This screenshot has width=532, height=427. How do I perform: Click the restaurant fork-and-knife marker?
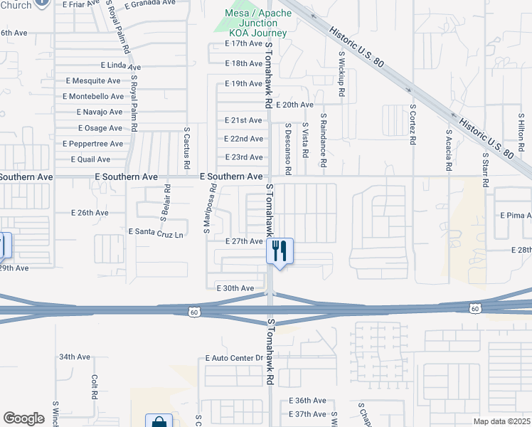click(x=280, y=251)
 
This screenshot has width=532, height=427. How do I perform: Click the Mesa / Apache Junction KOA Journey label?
click(x=257, y=23)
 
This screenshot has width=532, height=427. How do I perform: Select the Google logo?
click(x=23, y=418)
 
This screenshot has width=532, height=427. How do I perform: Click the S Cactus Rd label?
click(x=186, y=149)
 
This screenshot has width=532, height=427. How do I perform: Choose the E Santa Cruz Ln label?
click(x=156, y=232)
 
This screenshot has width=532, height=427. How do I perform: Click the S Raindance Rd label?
click(x=323, y=139)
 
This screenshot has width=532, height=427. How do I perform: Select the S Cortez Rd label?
click(x=413, y=124)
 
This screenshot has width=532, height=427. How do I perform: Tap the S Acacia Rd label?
click(x=449, y=150)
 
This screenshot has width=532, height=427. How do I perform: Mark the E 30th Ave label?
click(x=235, y=288)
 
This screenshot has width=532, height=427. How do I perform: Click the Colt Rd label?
click(x=94, y=387)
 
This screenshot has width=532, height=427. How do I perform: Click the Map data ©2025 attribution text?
click(x=502, y=421)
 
